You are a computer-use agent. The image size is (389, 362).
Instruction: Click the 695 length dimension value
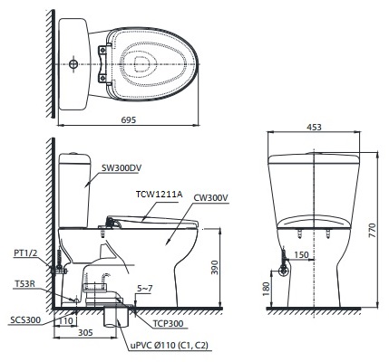(x=129, y=120)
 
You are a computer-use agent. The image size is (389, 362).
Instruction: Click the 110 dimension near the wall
(x=66, y=319)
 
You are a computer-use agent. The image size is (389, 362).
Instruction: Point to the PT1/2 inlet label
(x=26, y=254)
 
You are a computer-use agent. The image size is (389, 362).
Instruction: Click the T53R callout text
(x=24, y=283)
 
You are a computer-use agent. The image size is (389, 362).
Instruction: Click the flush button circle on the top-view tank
(x=73, y=65)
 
